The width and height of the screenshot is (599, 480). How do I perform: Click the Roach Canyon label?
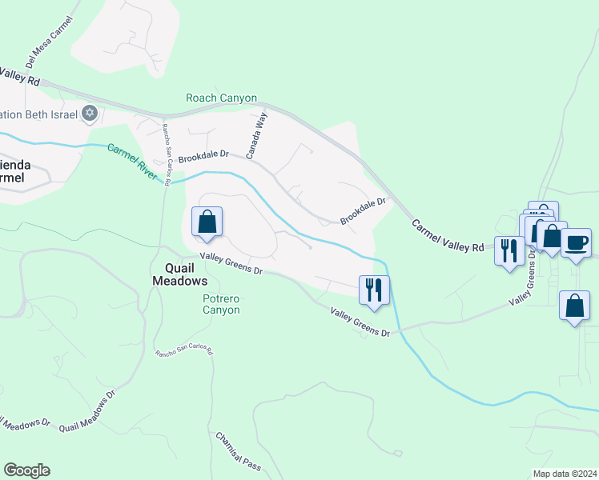click(221, 98)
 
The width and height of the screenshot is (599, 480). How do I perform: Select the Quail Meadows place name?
click(180, 275)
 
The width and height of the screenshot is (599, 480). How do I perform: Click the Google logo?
click(26, 470)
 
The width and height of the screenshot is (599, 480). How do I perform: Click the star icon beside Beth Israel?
click(90, 114)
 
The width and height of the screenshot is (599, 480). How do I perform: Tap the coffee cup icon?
click(576, 242)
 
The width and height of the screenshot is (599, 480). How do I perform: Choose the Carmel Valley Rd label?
click(448, 236)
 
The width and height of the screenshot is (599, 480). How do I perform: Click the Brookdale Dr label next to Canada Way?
click(203, 157)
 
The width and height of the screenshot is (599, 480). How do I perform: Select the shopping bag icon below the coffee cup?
click(574, 306)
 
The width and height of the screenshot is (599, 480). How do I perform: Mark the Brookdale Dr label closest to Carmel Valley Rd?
click(363, 211)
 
